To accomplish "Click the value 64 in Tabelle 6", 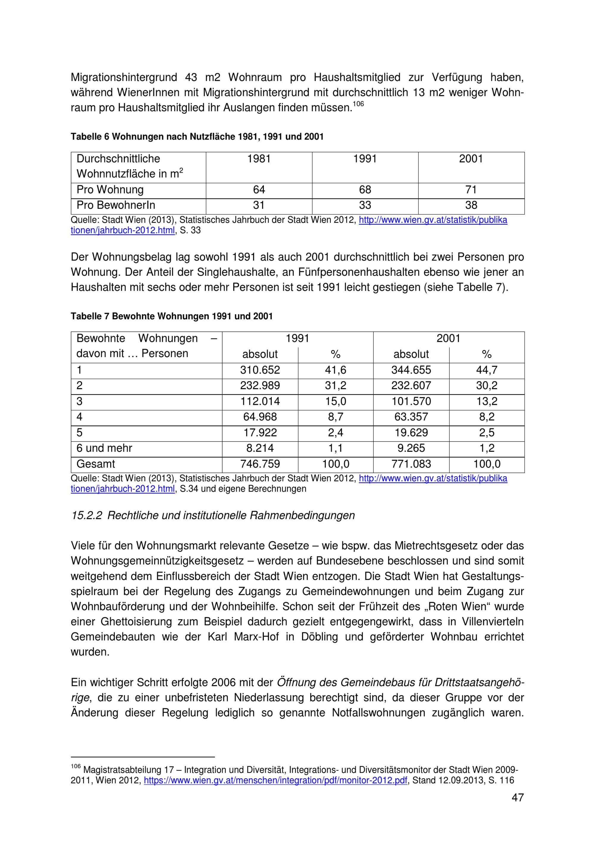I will click(259, 190).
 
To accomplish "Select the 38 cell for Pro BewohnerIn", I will click(471, 205).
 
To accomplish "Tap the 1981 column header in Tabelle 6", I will click(259, 159).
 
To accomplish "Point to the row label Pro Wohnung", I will click(110, 190).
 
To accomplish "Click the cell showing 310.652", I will click(260, 370).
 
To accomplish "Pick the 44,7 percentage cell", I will click(486, 370).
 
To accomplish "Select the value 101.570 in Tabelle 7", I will click(411, 401).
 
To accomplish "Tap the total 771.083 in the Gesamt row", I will click(411, 464).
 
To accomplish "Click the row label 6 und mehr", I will click(104, 448).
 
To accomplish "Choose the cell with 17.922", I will click(260, 432).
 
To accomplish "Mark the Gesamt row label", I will click(96, 464).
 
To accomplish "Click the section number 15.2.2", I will click(87, 515).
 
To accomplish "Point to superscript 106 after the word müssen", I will click(358, 104).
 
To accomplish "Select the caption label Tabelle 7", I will click(90, 316).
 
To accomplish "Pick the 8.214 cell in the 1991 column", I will click(260, 448).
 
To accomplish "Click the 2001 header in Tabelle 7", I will click(448, 338).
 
